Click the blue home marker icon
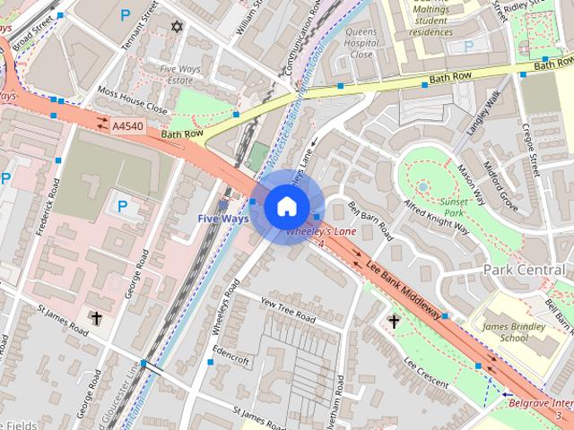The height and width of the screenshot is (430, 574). [286, 207]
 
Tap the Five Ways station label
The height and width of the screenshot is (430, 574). [223, 218]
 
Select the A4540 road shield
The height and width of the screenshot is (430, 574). [127, 128]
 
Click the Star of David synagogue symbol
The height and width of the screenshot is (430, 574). [176, 27]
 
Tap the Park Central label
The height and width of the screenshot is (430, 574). [526, 270]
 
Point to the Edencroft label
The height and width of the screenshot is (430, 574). [231, 356]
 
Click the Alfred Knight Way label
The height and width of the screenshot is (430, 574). [437, 215]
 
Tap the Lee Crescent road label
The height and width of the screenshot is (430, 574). [426, 372]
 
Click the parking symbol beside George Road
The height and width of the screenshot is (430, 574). [123, 207]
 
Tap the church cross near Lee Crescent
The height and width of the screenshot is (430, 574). [393, 320]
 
